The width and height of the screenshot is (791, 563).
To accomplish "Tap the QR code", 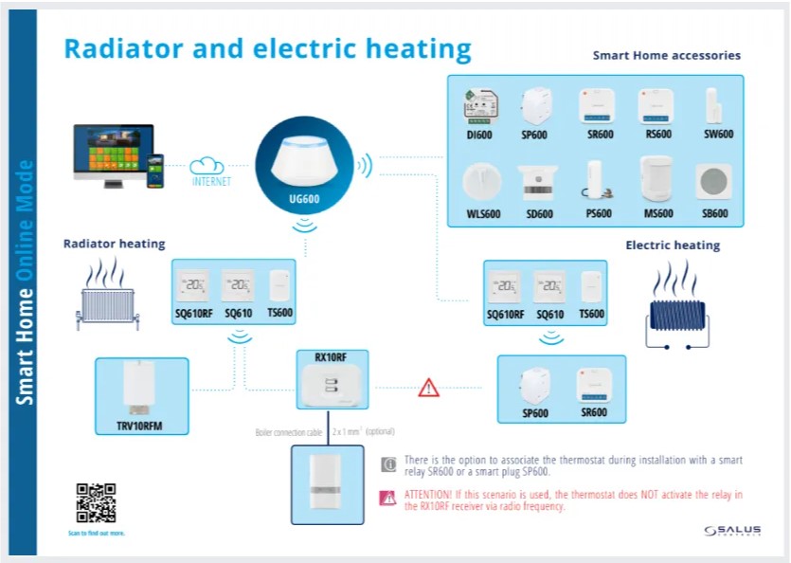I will coord(96,502).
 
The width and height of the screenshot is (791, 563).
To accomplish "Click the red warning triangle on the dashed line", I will coord(429,387).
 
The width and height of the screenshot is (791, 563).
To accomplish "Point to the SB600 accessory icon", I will coord(713,181).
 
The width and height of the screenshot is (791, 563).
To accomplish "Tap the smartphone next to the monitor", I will coord(155,172).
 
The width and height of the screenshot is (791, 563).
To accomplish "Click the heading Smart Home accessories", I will coord(666,56).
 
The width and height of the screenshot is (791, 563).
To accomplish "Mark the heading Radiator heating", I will coord(114,245).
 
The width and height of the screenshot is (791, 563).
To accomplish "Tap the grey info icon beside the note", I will coord(387,464).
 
